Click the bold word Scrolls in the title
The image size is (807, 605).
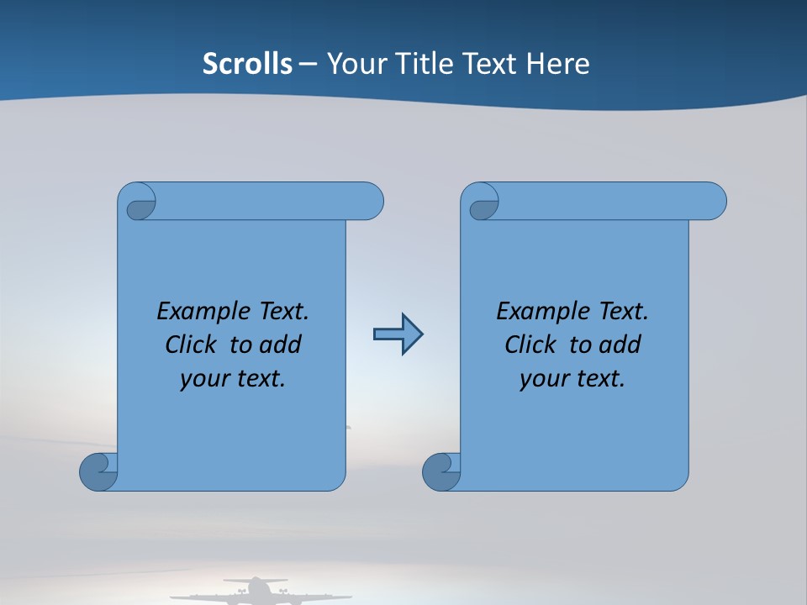[x=247, y=63]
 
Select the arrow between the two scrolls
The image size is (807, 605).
[x=398, y=334]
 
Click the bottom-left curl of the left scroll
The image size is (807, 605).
[x=98, y=473]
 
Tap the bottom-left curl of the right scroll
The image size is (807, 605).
[x=440, y=473]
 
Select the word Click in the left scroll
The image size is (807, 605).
[x=192, y=345]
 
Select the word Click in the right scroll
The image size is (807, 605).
[x=531, y=345]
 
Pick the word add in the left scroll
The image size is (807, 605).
[x=282, y=345]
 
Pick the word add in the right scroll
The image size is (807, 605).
[x=621, y=345]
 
